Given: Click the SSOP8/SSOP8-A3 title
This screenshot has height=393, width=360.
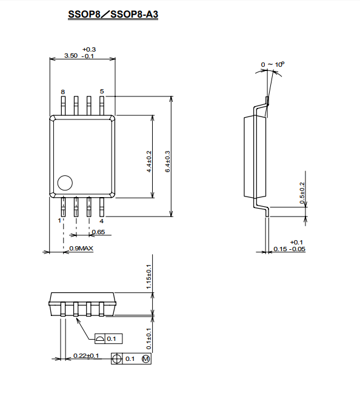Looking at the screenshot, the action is point(113,15).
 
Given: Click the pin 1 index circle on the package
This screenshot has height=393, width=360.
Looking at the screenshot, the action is point(65,183).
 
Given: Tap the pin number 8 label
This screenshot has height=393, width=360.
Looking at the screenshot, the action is point(63,92).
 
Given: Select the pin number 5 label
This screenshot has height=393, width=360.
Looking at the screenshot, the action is point(102,92).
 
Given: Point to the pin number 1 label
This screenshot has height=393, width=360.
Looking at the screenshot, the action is point(59,221).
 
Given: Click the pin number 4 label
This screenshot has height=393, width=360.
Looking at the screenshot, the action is point(101,221).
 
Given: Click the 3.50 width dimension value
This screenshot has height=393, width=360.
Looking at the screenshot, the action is point(71,55).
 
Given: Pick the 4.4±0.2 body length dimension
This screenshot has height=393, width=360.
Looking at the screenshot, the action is point(149,161).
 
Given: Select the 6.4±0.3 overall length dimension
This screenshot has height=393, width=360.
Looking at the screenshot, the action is point(168,161).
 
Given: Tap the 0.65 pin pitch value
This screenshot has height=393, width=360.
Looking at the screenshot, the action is point(98,232).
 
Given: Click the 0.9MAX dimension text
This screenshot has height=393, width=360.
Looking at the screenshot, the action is point(81,249).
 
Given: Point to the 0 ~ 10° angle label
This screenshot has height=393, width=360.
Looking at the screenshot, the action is point(273,65).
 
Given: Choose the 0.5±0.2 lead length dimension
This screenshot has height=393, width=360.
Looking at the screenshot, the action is point(302,193).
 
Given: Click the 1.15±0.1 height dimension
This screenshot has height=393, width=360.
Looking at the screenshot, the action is point(149,277).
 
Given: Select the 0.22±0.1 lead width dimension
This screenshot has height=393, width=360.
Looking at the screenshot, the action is point(86,355).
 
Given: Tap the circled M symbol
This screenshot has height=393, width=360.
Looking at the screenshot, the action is point(146,359).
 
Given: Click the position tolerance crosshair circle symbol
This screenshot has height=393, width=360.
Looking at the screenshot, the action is point(116,358).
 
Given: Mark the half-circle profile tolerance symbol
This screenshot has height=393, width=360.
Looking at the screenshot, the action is point(100,339).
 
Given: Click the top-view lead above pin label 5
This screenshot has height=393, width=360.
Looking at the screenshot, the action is point(102,106).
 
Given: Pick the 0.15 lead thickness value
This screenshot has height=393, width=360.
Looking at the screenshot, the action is point(280,249).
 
